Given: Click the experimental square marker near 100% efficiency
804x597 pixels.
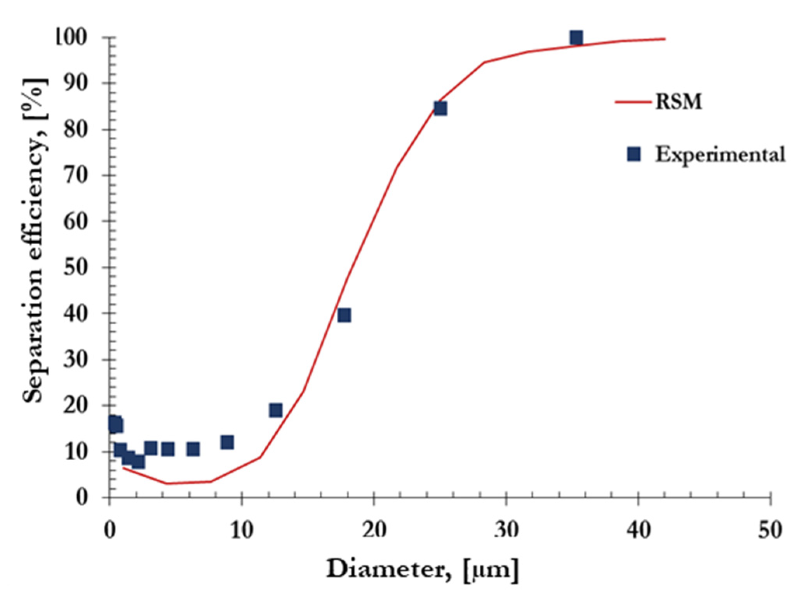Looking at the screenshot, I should (576, 38).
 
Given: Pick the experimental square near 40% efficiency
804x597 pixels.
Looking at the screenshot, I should (344, 315).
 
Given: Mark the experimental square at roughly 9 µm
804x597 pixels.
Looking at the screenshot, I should (227, 442).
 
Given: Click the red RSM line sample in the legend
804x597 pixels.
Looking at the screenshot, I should (632, 102).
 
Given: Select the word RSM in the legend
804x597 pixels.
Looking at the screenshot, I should (679, 102).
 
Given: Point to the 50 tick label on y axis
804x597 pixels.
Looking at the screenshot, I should (76, 267).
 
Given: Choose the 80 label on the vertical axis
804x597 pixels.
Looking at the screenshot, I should (76, 129).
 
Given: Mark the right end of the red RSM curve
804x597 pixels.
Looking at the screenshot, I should (665, 39).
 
